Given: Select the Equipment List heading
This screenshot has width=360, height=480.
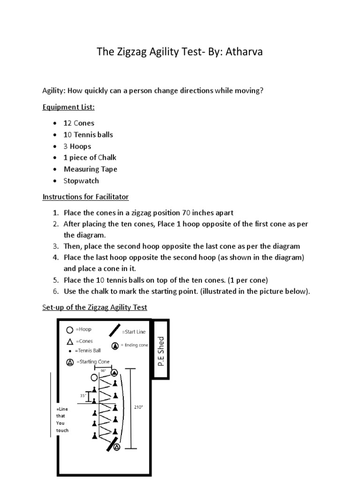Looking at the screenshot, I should click(68, 107).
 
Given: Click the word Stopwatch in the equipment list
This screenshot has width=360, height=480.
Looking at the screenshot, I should click(81, 181).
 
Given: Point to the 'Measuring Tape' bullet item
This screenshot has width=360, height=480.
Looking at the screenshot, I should click(90, 169).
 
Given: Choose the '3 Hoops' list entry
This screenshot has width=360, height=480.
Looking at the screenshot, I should click(77, 146).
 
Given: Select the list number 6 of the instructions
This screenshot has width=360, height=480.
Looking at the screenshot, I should click(55, 292).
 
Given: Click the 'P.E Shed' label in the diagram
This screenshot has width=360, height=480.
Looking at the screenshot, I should click(161, 351).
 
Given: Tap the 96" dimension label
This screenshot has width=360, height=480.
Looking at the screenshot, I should click(104, 370).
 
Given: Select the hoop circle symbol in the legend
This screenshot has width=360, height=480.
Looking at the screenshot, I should click(70, 330).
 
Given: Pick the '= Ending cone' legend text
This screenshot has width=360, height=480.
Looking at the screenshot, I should click(134, 345).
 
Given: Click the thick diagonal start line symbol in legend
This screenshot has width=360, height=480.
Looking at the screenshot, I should click(114, 330).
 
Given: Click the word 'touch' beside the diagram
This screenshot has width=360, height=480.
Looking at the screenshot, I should click(62, 430).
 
